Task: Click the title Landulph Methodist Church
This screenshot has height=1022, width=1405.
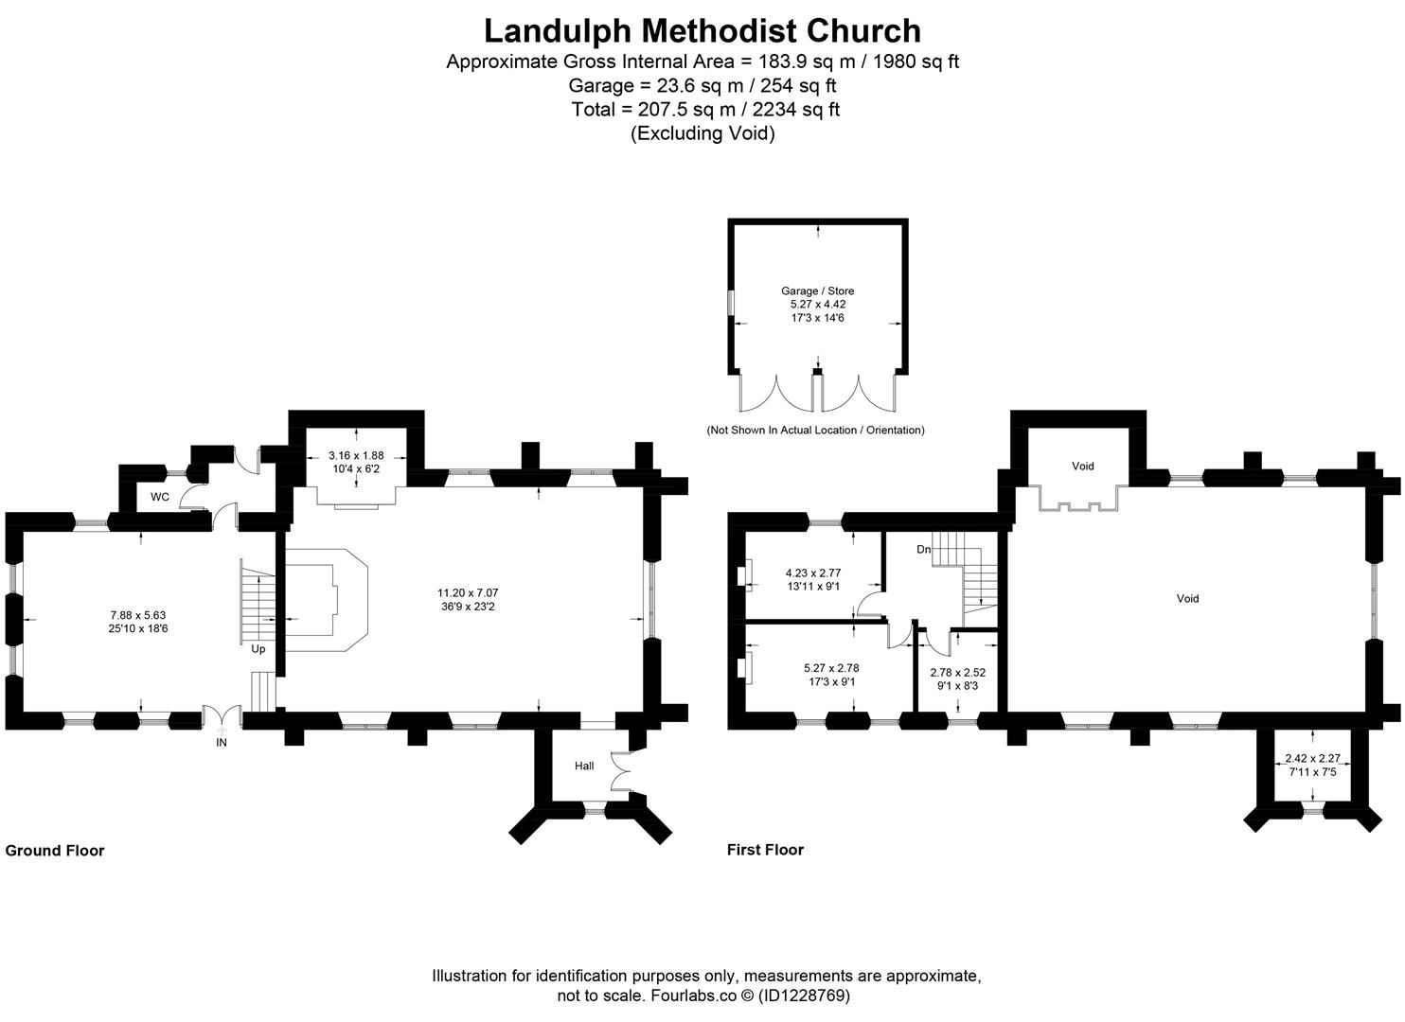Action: (702, 30)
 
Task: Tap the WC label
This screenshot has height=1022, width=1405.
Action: (159, 497)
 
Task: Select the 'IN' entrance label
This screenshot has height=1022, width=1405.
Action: (222, 743)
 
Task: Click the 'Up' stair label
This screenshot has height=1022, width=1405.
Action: (258, 649)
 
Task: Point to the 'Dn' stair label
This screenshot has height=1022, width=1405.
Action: (923, 549)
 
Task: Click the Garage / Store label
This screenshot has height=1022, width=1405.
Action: (817, 291)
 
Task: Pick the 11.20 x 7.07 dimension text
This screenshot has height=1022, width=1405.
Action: (462, 593)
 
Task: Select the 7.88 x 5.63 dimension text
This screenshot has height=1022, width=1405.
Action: (137, 615)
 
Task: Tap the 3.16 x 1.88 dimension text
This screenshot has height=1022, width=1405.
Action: (356, 455)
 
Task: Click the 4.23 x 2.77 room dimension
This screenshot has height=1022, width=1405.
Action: (812, 573)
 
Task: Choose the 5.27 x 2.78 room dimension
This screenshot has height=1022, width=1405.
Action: (830, 667)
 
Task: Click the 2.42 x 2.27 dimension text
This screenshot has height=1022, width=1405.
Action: (1312, 759)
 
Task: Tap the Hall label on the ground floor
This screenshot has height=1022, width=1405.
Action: (584, 766)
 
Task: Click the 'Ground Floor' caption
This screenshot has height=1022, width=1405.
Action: (55, 851)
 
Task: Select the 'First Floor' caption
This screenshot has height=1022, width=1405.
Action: (765, 850)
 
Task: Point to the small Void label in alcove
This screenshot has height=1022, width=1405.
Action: (1082, 466)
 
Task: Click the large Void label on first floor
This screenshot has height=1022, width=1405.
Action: (1187, 598)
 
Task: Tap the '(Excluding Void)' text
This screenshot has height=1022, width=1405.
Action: (702, 133)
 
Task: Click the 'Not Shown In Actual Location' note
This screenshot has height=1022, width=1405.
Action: (815, 430)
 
